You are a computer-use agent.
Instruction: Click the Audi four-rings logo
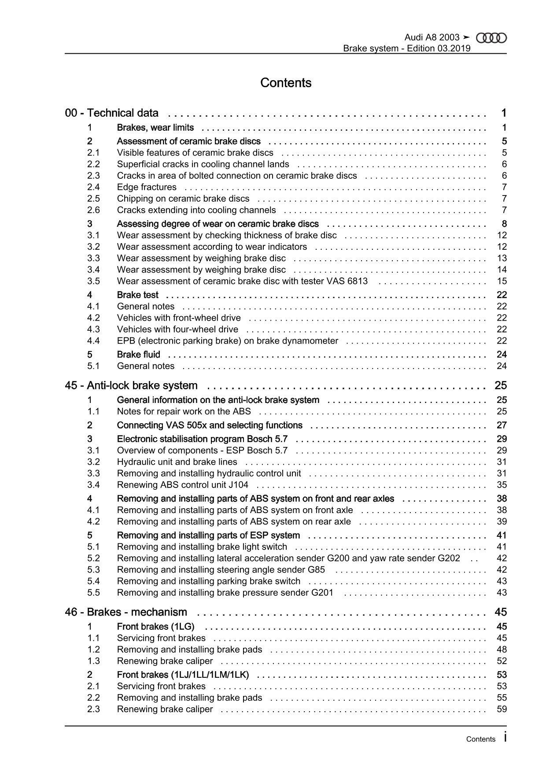tap(491, 38)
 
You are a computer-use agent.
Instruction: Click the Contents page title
tap(286, 83)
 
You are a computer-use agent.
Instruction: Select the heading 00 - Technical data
tap(111, 113)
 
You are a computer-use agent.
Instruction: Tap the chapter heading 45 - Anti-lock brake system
tap(131, 386)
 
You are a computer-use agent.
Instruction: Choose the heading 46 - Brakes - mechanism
tap(126, 612)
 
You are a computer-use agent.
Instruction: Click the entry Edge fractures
tap(147, 187)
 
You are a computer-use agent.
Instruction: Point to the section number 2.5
tap(93, 199)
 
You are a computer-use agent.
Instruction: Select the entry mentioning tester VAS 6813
tap(242, 281)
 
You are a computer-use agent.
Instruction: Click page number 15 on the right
tap(502, 281)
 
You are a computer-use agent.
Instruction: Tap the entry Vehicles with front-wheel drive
tap(179, 318)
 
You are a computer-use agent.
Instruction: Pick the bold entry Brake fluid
tap(139, 355)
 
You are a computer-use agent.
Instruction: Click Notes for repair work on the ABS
tap(184, 411)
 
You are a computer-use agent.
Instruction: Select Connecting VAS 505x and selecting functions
tap(210, 425)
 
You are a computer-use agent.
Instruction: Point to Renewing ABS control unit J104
tap(182, 485)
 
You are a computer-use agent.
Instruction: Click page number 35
tap(502, 485)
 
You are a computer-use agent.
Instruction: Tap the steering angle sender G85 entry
tap(221, 570)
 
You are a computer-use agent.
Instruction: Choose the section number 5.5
tap(93, 593)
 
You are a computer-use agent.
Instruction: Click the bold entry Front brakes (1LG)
tap(155, 627)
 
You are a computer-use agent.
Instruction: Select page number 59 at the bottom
tap(502, 709)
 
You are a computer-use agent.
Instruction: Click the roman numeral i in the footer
tap(505, 738)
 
